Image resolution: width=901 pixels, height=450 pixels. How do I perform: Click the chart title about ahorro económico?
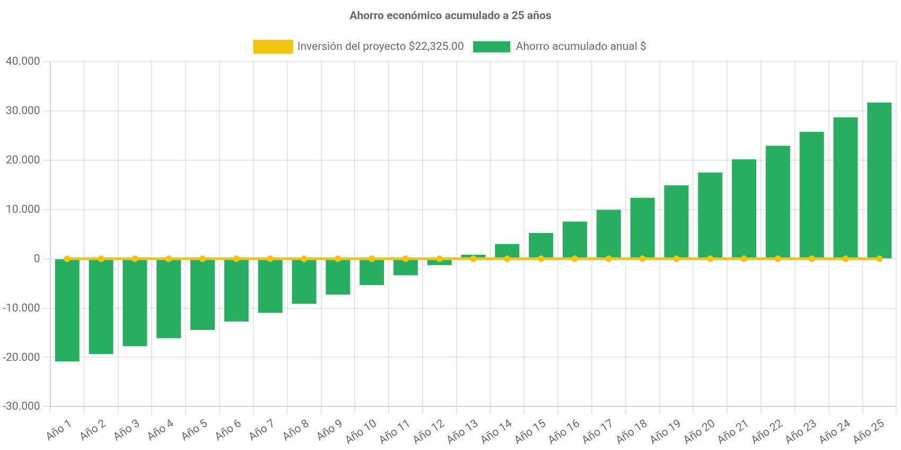[450, 16]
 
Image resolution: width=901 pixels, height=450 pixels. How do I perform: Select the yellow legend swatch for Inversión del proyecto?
[273, 47]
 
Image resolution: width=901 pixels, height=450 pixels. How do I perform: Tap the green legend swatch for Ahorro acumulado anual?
[492, 47]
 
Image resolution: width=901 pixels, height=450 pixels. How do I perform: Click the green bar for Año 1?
[67, 310]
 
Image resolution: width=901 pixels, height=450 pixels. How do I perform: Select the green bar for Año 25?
[879, 180]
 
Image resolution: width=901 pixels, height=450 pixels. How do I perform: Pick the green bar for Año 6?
[237, 290]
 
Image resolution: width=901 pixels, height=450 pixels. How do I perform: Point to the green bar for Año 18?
[642, 228]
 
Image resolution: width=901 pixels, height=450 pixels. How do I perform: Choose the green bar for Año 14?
[507, 250]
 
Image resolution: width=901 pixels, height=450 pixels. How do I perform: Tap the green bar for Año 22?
[777, 202]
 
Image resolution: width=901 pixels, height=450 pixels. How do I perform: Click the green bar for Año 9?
[338, 277]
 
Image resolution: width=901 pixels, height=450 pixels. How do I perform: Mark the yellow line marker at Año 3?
[135, 259]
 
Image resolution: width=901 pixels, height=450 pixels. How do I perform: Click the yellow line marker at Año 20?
[710, 259]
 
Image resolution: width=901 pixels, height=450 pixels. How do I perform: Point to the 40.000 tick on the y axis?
[23, 61]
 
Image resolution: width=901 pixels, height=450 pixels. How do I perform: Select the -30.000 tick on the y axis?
[21, 406]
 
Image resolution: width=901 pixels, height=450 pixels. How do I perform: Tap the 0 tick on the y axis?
[37, 258]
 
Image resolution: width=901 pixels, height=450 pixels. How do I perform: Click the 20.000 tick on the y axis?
[23, 160]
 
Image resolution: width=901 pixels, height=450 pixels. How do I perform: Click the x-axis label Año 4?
[160, 430]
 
